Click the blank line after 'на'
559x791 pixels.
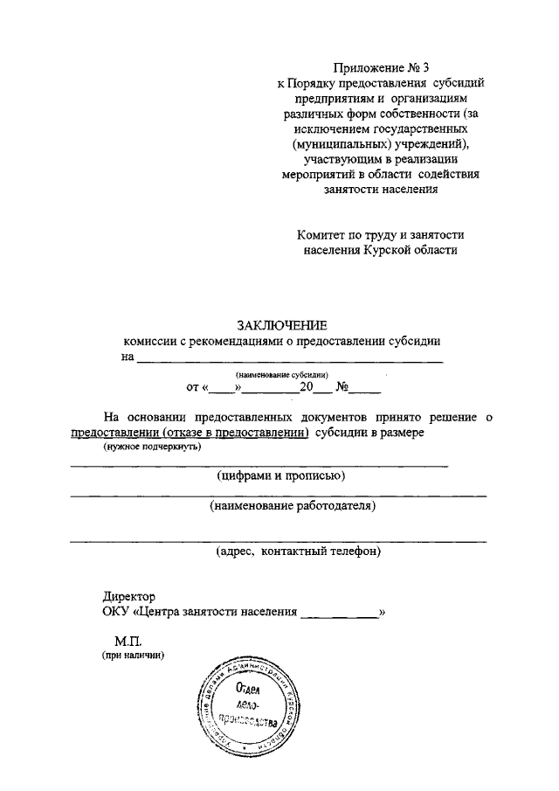coord(289,359)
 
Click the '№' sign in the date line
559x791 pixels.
coord(342,385)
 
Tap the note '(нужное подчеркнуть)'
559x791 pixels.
coord(151,448)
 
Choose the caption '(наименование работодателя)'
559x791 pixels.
coord(292,506)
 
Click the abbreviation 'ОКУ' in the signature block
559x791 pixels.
coord(115,612)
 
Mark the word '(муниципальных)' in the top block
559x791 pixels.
coord(328,145)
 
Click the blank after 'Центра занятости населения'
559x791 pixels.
coord(339,613)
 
